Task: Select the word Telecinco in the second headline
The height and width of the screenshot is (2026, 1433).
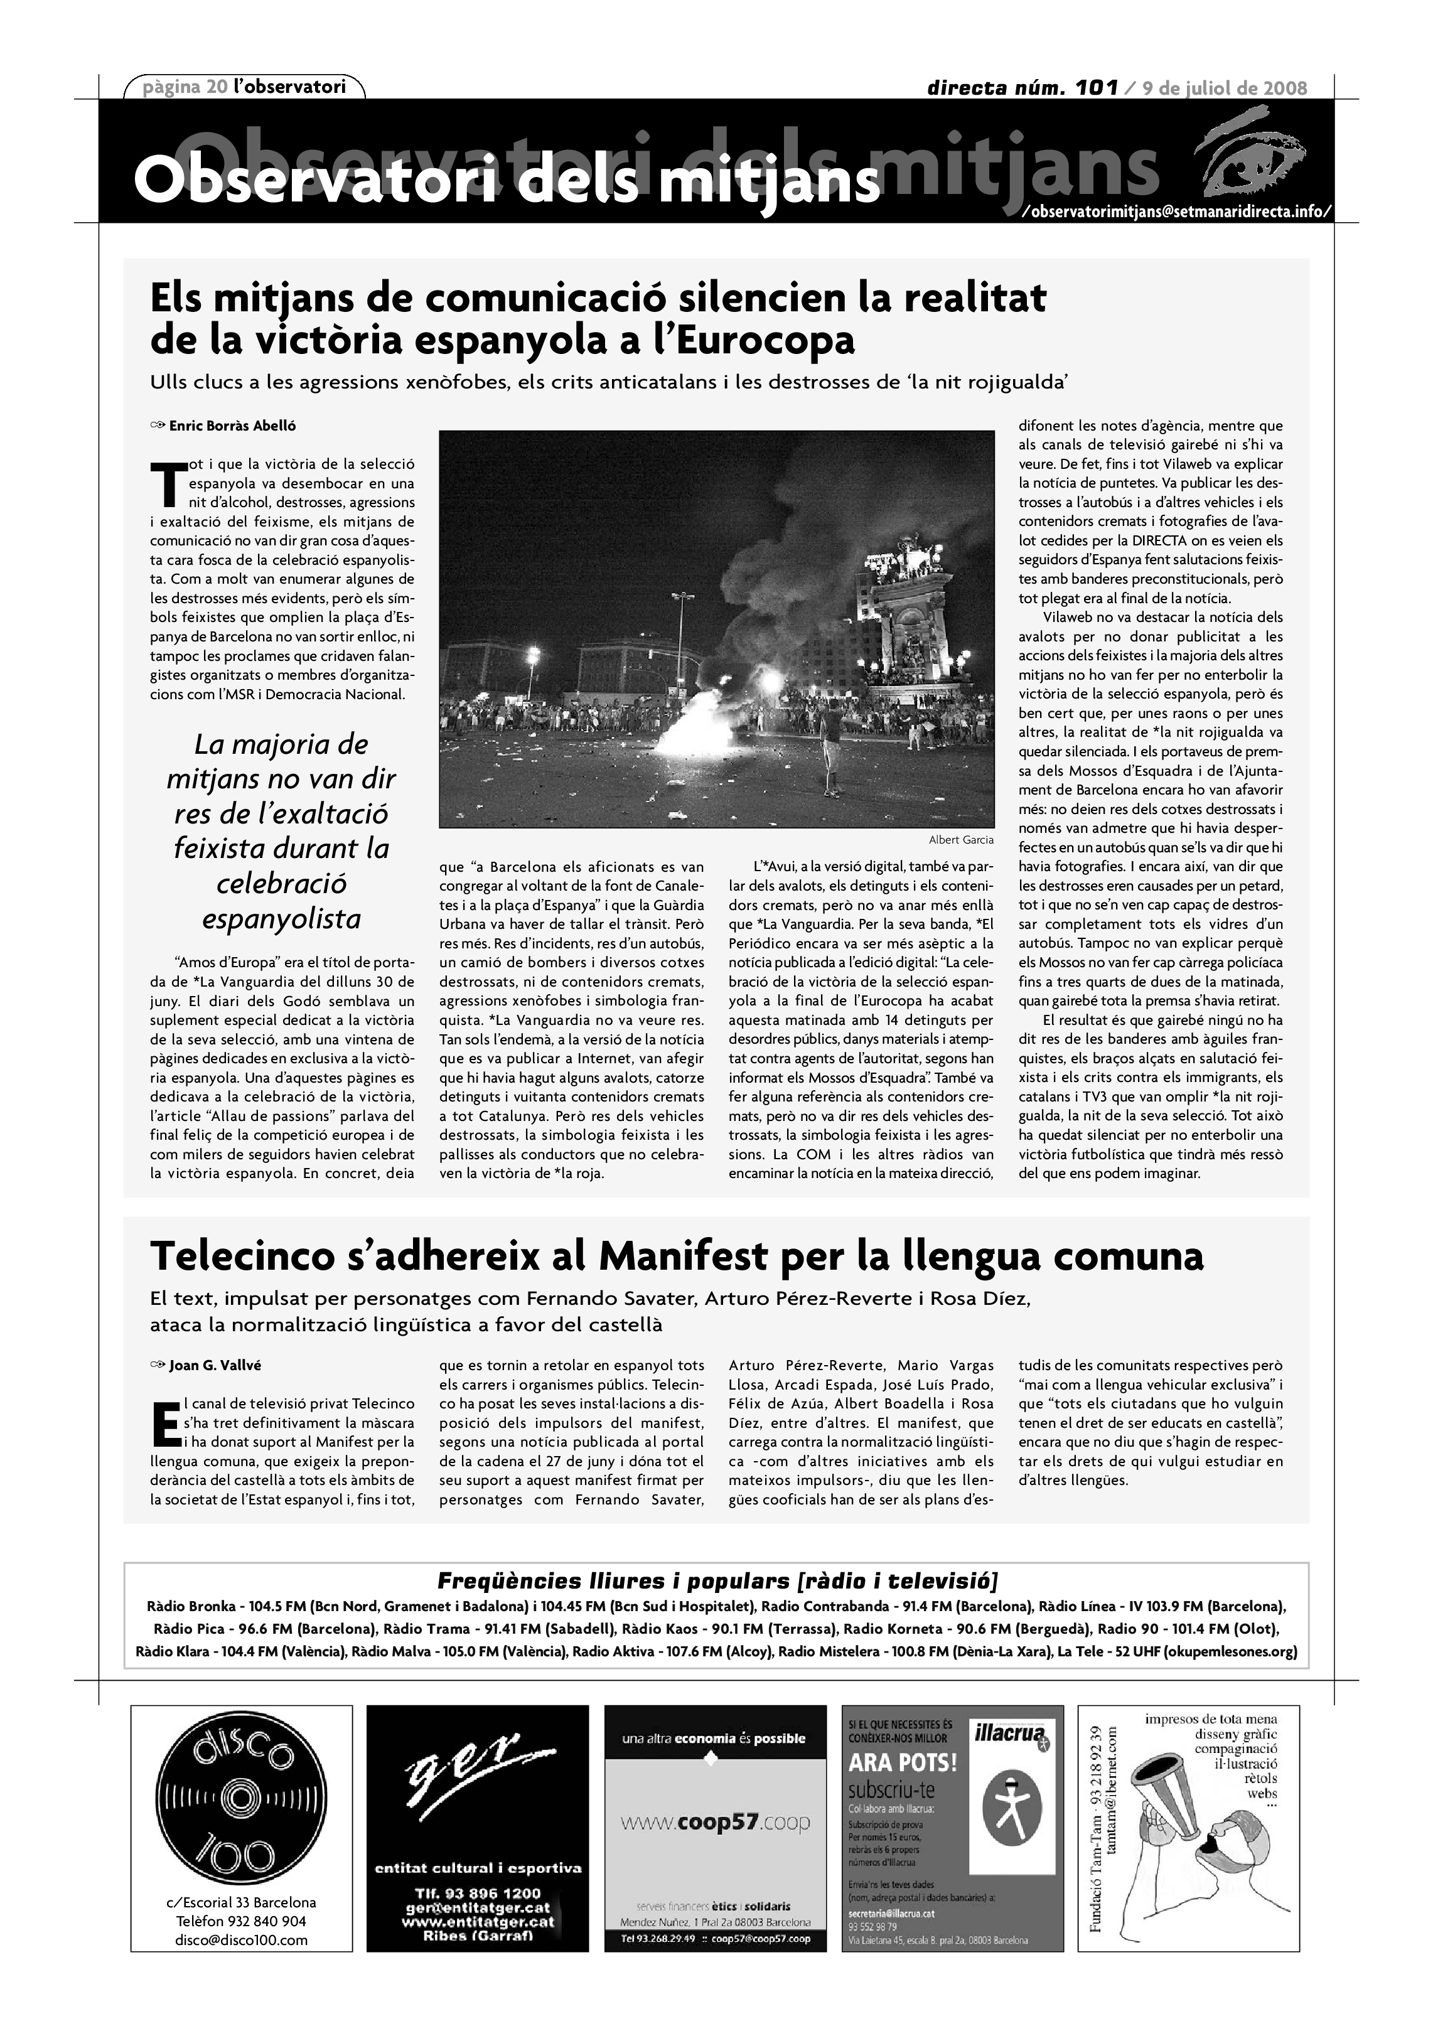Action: coord(256,1255)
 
